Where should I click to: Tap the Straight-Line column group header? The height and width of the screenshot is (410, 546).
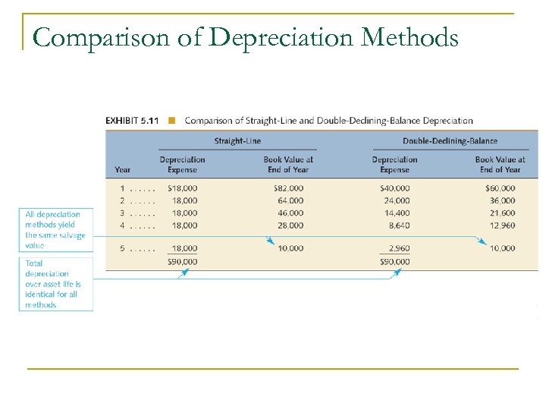[237, 140]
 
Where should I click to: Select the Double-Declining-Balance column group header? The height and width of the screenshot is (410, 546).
[450, 140]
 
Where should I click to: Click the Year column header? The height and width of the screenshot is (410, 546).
[122, 169]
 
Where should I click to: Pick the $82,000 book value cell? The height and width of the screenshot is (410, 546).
[288, 188]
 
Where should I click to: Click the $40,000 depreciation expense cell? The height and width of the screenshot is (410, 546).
[394, 188]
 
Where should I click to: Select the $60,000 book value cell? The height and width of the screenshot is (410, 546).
[500, 188]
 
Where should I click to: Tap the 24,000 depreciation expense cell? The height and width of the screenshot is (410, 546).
[397, 200]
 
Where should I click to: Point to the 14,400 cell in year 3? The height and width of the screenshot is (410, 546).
[397, 213]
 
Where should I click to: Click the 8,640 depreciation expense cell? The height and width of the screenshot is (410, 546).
[398, 225]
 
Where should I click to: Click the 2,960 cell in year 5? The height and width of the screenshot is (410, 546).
[398, 248]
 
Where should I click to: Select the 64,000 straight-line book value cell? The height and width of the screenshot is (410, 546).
[289, 200]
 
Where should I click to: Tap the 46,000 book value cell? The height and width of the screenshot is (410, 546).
[289, 213]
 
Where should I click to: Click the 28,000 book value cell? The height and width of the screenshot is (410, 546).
[289, 225]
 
